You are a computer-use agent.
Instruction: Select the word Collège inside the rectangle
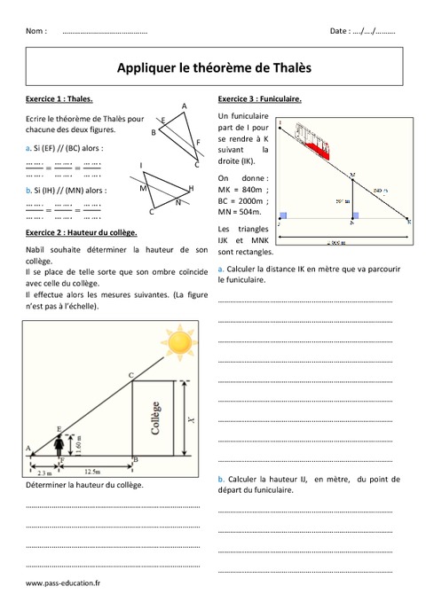[156, 419]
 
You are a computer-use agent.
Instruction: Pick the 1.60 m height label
[78, 444]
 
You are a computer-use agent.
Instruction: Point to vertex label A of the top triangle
[184, 106]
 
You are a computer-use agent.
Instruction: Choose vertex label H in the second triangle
[191, 189]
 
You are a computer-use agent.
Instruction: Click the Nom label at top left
[36, 31]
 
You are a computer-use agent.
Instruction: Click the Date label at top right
[338, 31]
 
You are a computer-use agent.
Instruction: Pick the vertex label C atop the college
[130, 376]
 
